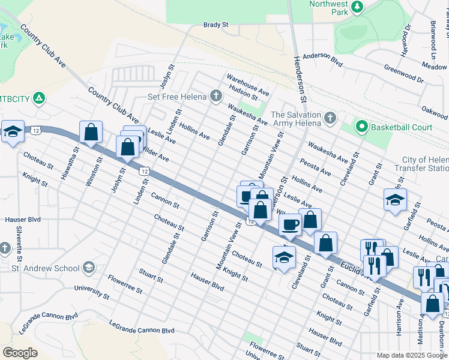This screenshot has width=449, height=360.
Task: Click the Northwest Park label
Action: (x=328, y=8)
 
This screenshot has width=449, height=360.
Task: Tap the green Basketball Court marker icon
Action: (x=361, y=127)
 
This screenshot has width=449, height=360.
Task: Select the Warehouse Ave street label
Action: (x=248, y=84)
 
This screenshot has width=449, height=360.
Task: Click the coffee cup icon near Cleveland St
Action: (x=291, y=225)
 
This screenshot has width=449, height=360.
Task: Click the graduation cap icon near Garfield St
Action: (x=395, y=200)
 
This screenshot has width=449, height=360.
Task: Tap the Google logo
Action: (x=20, y=352)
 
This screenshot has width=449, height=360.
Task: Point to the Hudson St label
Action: (x=243, y=92)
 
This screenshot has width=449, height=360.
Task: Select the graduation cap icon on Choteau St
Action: (x=284, y=257)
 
